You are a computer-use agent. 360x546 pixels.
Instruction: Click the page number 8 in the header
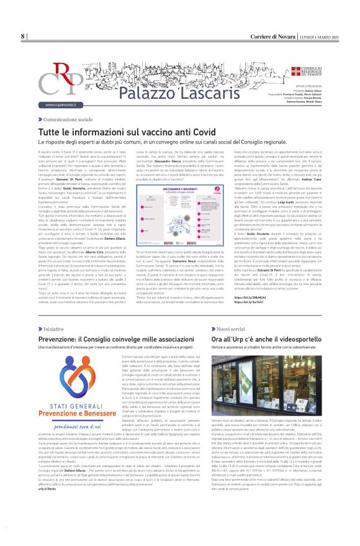click(23, 36)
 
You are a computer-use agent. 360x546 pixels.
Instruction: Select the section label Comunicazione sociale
click(67, 118)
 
